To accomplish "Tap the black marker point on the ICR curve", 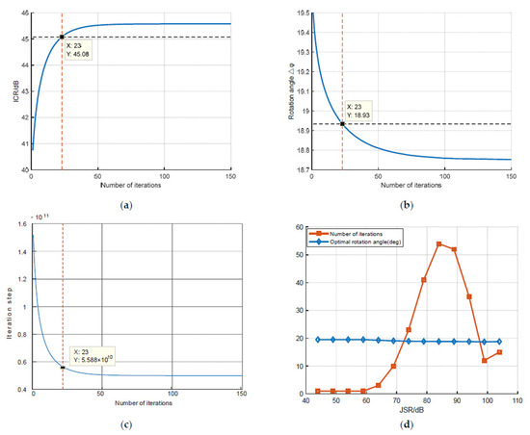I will coord(62,38).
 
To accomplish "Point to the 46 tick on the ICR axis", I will coord(24,13).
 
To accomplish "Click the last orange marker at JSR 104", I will coord(499,352).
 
